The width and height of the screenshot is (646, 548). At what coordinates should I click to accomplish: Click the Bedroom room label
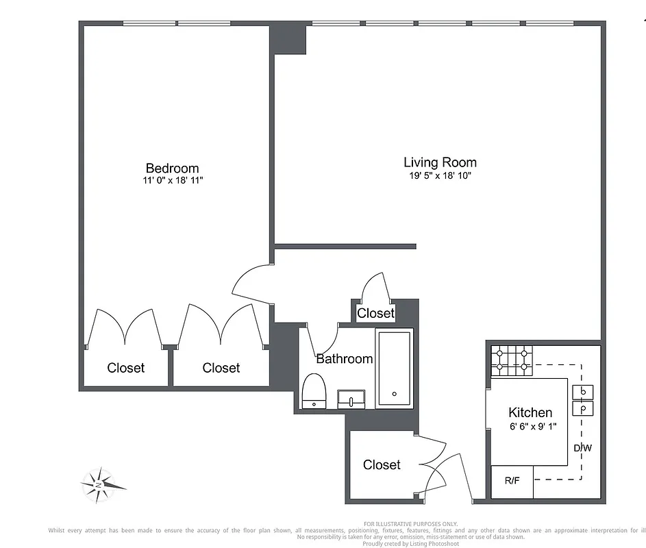point(172,169)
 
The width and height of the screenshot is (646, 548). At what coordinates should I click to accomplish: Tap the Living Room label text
point(440,162)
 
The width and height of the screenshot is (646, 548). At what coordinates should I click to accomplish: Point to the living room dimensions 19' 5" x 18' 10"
point(440,175)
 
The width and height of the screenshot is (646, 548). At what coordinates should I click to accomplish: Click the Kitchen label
point(530,412)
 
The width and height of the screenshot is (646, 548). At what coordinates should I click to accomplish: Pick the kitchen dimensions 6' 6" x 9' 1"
point(533,426)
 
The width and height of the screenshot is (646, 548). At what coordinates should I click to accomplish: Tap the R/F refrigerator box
point(512,481)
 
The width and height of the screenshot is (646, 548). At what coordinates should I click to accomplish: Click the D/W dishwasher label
point(583,448)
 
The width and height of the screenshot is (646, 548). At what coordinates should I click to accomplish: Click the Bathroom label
point(344,358)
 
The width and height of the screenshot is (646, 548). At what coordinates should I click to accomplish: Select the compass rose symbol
point(101,484)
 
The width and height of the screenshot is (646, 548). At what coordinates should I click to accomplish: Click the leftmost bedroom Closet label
point(126,368)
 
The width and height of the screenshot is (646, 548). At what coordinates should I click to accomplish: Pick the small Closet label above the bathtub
point(376,313)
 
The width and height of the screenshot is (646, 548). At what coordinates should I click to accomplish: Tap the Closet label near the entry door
point(382,464)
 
